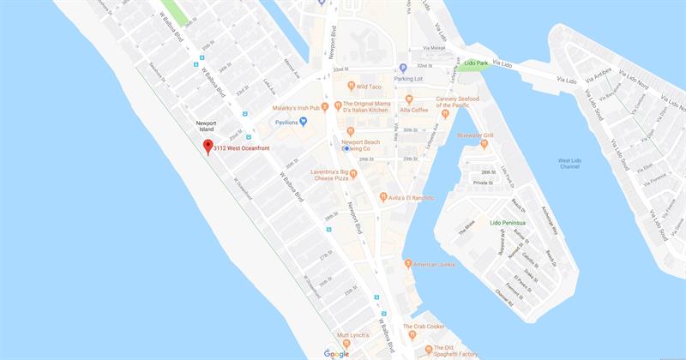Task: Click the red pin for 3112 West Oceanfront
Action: [x=208, y=147]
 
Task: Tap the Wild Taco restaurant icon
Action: [x=352, y=86]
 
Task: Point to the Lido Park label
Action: [x=477, y=63]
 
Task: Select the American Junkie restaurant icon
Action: [x=408, y=263]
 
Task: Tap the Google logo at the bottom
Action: [x=336, y=353]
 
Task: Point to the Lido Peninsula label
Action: [x=507, y=223]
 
